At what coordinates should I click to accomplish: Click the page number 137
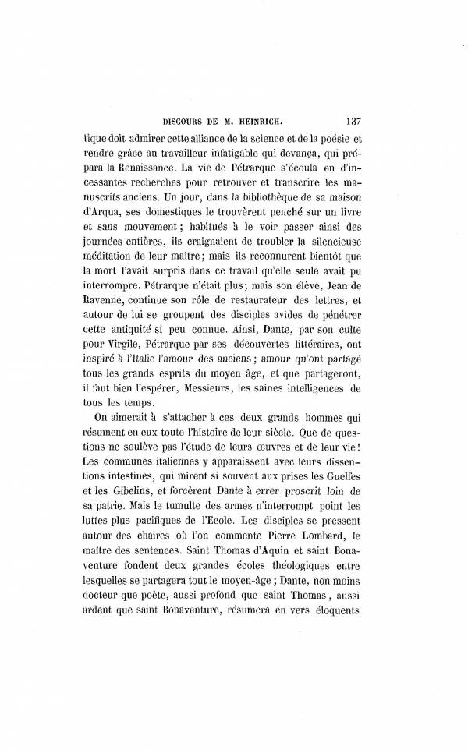[x=350, y=121]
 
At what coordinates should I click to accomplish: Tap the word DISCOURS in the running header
[x=183, y=121]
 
